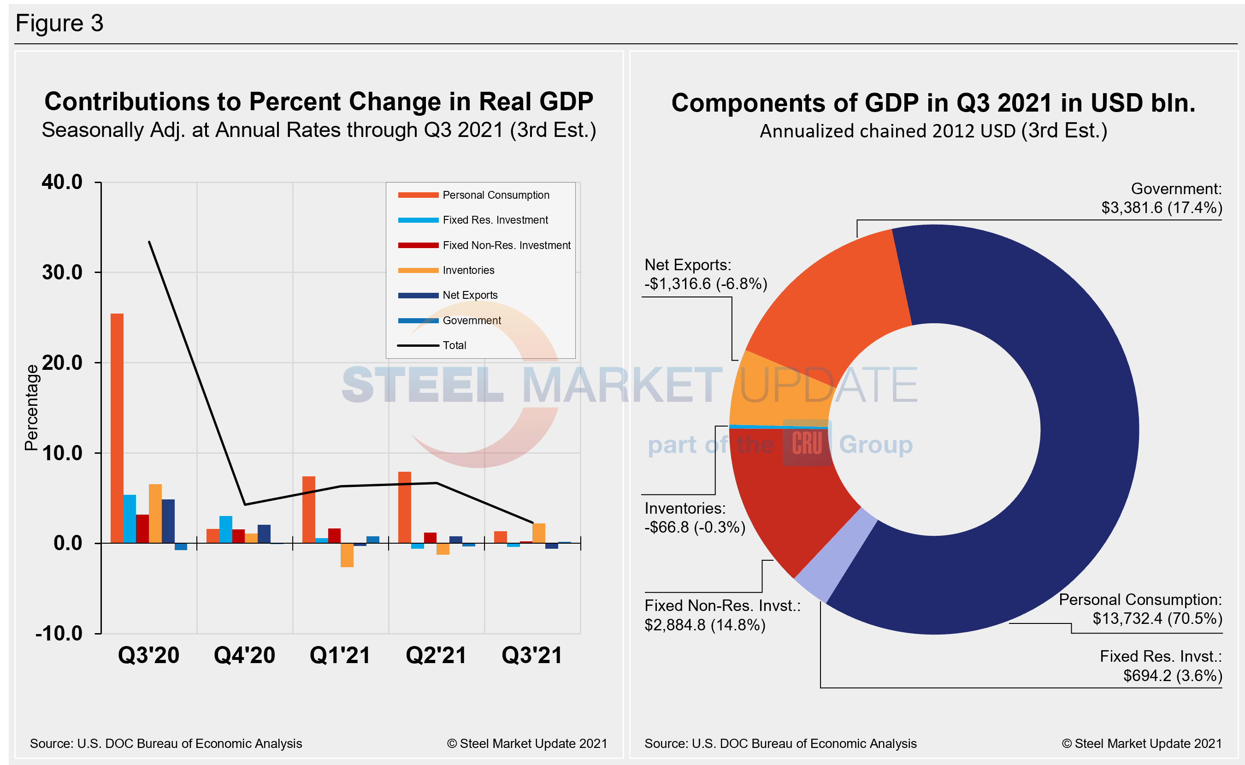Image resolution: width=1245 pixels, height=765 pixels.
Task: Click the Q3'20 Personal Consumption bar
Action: click(x=117, y=428)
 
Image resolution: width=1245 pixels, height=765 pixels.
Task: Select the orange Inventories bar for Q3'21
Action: click(x=538, y=533)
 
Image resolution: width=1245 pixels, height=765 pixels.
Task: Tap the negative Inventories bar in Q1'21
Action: click(x=347, y=555)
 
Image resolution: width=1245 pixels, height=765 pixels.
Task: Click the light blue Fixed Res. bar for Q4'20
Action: click(x=225, y=529)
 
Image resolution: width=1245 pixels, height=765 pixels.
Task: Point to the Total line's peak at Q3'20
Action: click(x=149, y=242)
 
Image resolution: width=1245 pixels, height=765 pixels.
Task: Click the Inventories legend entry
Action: click(x=468, y=270)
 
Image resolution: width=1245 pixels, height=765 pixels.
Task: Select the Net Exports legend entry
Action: click(x=469, y=295)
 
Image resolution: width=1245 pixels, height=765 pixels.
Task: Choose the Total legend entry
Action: click(x=454, y=345)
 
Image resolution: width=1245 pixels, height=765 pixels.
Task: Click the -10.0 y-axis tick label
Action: click(x=59, y=634)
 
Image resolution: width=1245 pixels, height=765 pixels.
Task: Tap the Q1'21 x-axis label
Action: click(x=340, y=655)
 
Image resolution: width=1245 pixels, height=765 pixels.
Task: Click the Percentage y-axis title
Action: click(x=31, y=407)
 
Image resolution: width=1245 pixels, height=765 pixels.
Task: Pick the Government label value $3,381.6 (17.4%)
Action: click(x=1161, y=208)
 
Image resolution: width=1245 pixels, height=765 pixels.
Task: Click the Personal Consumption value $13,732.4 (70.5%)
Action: click(x=1157, y=618)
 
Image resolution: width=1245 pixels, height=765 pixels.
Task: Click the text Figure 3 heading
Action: click(x=59, y=23)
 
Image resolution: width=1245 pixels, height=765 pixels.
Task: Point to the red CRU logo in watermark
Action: click(x=807, y=443)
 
